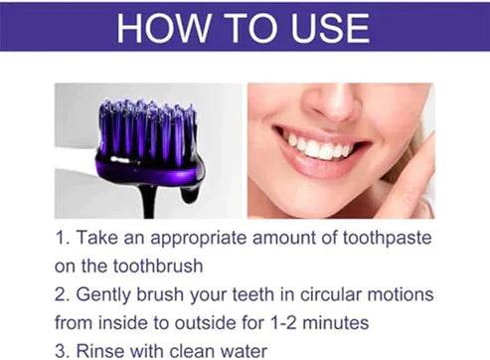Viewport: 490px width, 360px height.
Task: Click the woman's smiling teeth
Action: tap(318, 145)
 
